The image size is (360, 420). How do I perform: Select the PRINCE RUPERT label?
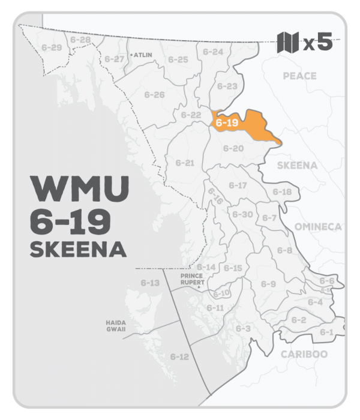coord(193,279)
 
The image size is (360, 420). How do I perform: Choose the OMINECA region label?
coord(317,226)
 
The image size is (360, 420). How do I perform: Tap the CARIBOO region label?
coord(304,354)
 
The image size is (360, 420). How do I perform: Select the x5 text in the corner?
coord(317,43)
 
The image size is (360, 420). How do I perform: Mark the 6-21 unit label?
coord(185,163)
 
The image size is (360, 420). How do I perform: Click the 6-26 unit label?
coord(155,95)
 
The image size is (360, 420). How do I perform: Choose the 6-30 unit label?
coord(242,214)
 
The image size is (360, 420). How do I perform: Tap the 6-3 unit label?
coord(242,329)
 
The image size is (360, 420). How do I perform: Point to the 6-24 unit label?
coord(214,52)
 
